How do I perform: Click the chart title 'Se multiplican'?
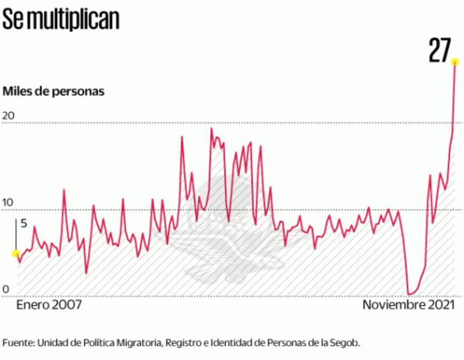[x=61, y=19]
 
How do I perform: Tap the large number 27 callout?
[x=440, y=51]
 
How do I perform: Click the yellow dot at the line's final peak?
[x=455, y=63]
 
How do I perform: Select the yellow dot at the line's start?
[x=16, y=253]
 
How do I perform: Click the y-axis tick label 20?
[x=8, y=116]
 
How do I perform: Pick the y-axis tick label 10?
[x=8, y=203]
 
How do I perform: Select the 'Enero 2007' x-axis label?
[x=49, y=305]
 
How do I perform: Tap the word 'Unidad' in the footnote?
[x=52, y=343]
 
